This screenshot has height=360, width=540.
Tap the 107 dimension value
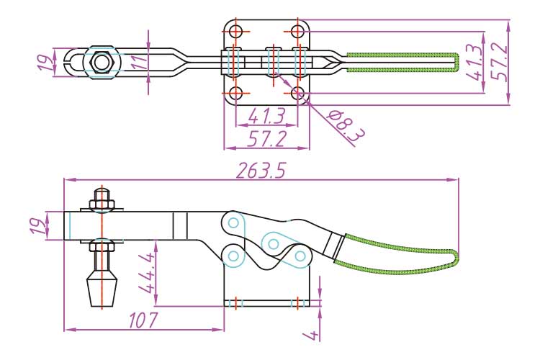click(x=141, y=320)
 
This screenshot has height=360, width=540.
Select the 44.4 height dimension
click(x=145, y=274)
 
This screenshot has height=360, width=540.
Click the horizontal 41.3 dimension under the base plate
click(x=266, y=115)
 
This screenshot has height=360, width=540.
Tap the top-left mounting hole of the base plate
click(x=235, y=32)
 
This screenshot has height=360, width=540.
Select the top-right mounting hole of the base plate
click(x=297, y=32)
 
